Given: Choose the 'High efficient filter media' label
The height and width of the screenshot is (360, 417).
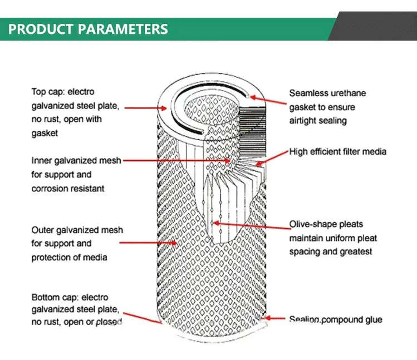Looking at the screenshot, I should [x=337, y=151].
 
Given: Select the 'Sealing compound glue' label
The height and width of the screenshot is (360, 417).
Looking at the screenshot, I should [x=335, y=319].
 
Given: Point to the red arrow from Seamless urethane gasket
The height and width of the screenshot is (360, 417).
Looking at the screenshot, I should [x=267, y=98].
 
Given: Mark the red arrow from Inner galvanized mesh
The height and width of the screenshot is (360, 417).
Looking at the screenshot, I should [x=178, y=161].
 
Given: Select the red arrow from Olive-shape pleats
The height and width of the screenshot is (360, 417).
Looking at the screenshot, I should [x=250, y=225].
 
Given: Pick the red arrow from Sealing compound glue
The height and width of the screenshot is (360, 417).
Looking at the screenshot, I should [x=275, y=319].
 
